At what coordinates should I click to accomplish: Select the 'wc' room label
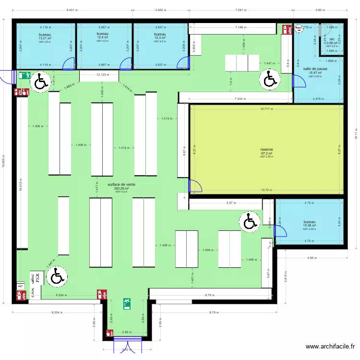pyautogui.click(x=332, y=39)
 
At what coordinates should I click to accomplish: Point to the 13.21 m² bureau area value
pyautogui.click(x=46, y=38)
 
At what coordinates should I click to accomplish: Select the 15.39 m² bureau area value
pyautogui.click(x=309, y=225)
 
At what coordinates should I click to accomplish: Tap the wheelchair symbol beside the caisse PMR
pyautogui.click(x=57, y=276)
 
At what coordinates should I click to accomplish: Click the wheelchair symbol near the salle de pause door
pyautogui.click(x=270, y=79)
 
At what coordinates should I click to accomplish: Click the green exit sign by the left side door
pyautogui.click(x=24, y=75)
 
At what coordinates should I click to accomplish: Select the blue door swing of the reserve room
pyautogui.click(x=196, y=187)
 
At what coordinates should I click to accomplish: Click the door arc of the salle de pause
pyautogui.click(x=300, y=82)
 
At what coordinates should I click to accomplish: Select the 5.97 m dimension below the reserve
pyautogui.click(x=232, y=203)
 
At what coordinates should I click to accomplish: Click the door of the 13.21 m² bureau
pyautogui.click(x=69, y=63)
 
